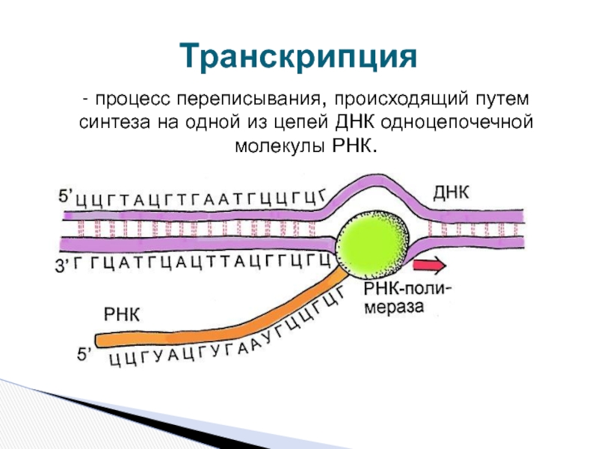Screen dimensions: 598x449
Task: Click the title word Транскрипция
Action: [297, 56]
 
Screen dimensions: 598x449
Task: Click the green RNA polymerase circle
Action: [366, 242]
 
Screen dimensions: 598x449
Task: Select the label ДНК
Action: [451, 192]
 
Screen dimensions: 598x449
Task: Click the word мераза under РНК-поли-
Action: [394, 306]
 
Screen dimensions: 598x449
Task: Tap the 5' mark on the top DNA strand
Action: [66, 196]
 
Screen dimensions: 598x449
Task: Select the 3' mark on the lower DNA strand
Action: [66, 263]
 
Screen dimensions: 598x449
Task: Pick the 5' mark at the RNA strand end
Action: [87, 356]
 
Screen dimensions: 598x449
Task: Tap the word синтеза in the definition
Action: [106, 120]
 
